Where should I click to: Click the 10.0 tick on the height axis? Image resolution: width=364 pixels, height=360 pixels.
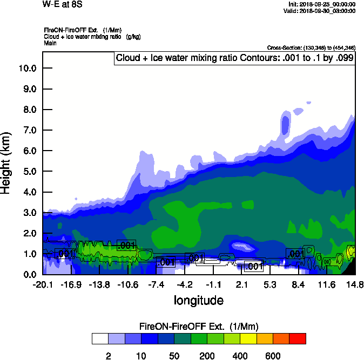click(28, 68)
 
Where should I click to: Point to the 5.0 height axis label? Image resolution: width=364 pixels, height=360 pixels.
click(28, 172)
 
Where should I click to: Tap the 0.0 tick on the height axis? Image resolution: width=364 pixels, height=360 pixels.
click(28, 275)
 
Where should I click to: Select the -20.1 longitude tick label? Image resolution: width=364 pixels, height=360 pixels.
click(42, 284)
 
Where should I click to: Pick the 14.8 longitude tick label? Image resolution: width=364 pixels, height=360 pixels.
click(355, 284)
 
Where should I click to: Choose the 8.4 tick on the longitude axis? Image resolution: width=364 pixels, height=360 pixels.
click(299, 284)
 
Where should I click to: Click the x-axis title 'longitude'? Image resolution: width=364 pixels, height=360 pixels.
click(198, 300)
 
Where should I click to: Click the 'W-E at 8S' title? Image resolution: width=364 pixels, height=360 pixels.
click(60, 4)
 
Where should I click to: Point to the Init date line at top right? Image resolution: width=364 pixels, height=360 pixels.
click(322, 4)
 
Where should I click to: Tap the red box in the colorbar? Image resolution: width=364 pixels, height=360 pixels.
click(298, 338)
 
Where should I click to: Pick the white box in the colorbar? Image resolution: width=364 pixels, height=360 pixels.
click(100, 338)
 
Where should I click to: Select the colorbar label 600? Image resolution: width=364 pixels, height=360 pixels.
click(273, 356)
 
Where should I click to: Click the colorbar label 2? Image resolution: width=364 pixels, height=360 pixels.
click(108, 356)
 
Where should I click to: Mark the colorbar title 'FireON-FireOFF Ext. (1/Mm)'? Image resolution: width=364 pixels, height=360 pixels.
click(199, 327)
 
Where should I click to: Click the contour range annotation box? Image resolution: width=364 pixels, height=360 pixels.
click(235, 58)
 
